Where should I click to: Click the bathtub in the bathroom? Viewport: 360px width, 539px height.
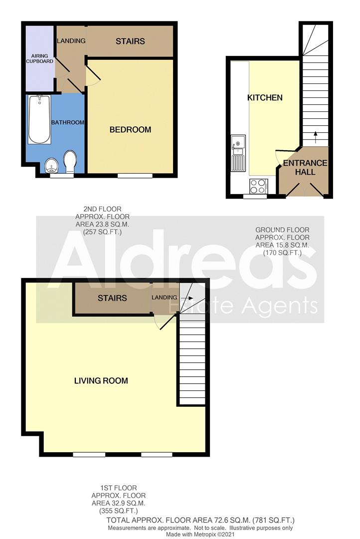click(39, 120)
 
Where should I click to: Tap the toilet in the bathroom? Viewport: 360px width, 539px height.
click(70, 162)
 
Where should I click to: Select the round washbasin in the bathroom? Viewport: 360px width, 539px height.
click(51, 166)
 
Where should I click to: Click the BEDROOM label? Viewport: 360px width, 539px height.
click(130, 130)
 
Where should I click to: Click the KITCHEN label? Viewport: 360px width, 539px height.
click(265, 98)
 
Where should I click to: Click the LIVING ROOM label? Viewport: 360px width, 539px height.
click(101, 381)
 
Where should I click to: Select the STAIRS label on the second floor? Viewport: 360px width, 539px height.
click(130, 41)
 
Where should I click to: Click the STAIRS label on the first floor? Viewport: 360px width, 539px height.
click(112, 298)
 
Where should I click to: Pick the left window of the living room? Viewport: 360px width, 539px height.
click(89, 454)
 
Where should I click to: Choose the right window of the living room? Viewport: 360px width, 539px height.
click(157, 454)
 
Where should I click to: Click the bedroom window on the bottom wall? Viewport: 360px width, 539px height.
click(135, 175)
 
